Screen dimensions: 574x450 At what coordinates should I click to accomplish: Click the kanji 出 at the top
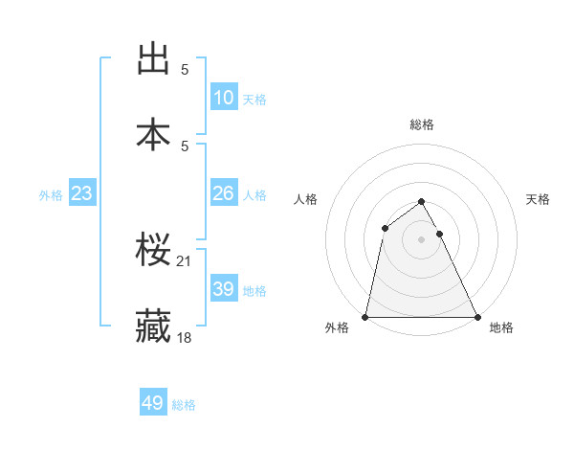pyautogui.click(x=154, y=59)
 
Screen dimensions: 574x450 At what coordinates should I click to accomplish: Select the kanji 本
pyautogui.click(x=154, y=134)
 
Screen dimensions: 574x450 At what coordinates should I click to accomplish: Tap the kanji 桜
pyautogui.click(x=154, y=250)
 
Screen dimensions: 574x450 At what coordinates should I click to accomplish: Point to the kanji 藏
pyautogui.click(x=154, y=326)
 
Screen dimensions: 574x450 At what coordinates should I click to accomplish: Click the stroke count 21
pyautogui.click(x=186, y=260)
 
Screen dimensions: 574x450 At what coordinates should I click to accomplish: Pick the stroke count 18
pyautogui.click(x=186, y=337)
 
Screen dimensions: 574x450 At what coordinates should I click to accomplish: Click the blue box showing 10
pyautogui.click(x=224, y=97)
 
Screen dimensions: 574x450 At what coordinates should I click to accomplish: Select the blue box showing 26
pyautogui.click(x=224, y=192)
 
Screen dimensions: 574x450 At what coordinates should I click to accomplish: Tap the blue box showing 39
pyautogui.click(x=224, y=288)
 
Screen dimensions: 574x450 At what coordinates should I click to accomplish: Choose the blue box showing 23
pyautogui.click(x=82, y=193)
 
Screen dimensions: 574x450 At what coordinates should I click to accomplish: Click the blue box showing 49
pyautogui.click(x=153, y=403)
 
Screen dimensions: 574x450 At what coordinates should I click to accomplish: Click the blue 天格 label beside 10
pyautogui.click(x=254, y=99)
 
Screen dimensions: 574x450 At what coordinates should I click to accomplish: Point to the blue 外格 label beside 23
pyautogui.click(x=51, y=194)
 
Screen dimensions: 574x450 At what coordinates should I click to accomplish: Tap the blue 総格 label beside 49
pyautogui.click(x=184, y=405)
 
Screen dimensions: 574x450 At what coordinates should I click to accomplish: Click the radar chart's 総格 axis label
pyautogui.click(x=422, y=124)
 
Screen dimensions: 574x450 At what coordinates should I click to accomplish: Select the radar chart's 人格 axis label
pyautogui.click(x=305, y=199)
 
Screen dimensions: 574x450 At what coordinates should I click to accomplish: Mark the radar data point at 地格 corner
pyautogui.click(x=477, y=317)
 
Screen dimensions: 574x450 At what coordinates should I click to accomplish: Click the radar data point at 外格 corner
pyautogui.click(x=365, y=317)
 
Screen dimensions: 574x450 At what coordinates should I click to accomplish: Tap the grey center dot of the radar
pyautogui.click(x=422, y=239)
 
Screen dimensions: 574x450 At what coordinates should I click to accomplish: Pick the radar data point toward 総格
pyautogui.click(x=422, y=202)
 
